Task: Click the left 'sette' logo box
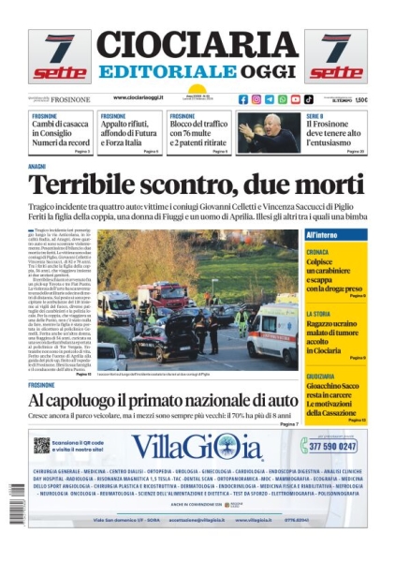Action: point(59,57)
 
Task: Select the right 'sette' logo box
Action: point(336,57)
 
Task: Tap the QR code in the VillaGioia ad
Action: point(41,446)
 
